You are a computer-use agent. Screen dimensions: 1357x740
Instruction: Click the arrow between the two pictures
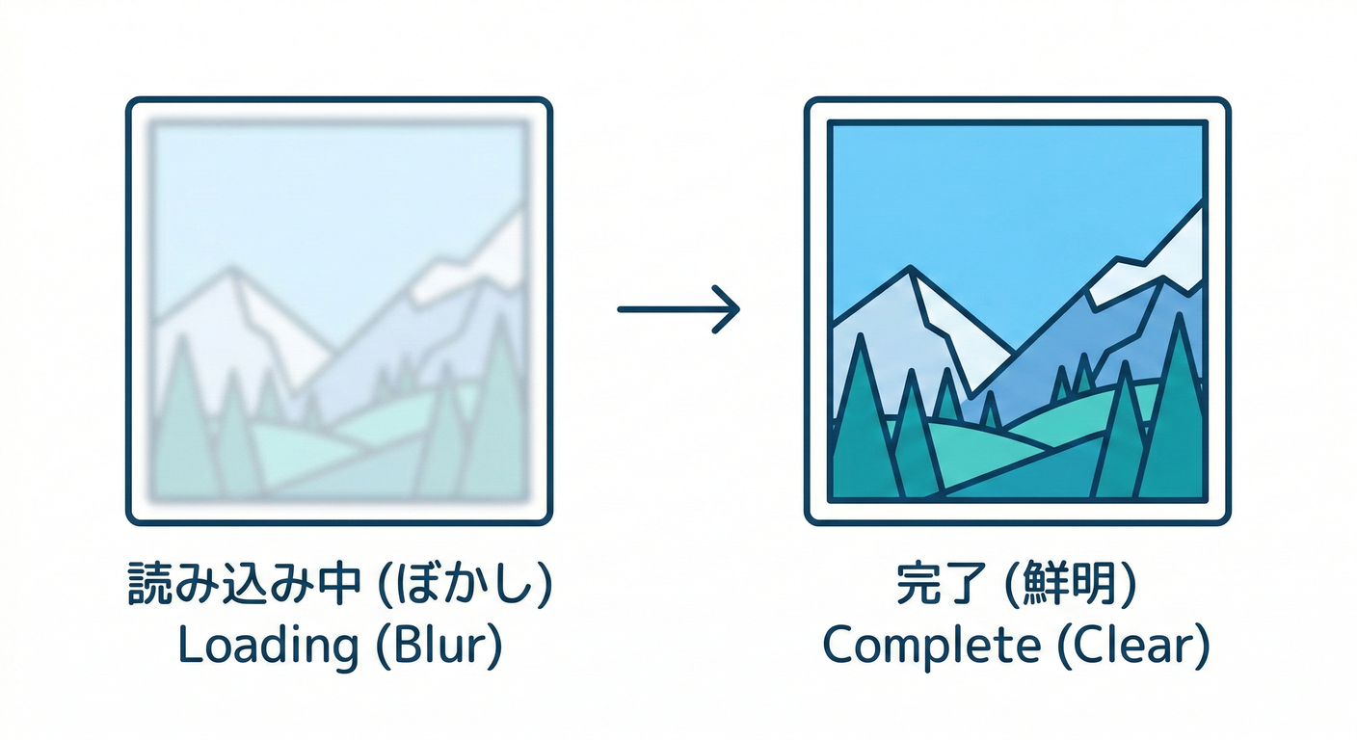[x=678, y=309]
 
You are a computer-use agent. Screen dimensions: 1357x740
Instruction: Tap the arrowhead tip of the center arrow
[x=739, y=309]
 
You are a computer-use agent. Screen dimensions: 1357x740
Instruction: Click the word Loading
[x=268, y=647]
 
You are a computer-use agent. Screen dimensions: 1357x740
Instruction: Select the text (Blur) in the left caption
[x=439, y=646]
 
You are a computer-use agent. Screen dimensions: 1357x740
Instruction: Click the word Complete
[x=932, y=647]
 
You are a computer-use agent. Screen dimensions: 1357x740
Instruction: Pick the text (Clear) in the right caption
[x=1133, y=646]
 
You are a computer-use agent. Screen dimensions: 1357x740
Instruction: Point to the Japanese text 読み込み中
[x=245, y=584]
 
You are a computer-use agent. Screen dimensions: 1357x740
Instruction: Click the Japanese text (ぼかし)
[x=465, y=584]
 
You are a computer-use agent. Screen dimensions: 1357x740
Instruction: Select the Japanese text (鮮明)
[x=1071, y=584]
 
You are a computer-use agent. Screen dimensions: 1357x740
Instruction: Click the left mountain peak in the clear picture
[x=909, y=268]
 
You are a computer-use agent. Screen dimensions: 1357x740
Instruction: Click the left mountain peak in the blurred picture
[x=230, y=270]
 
